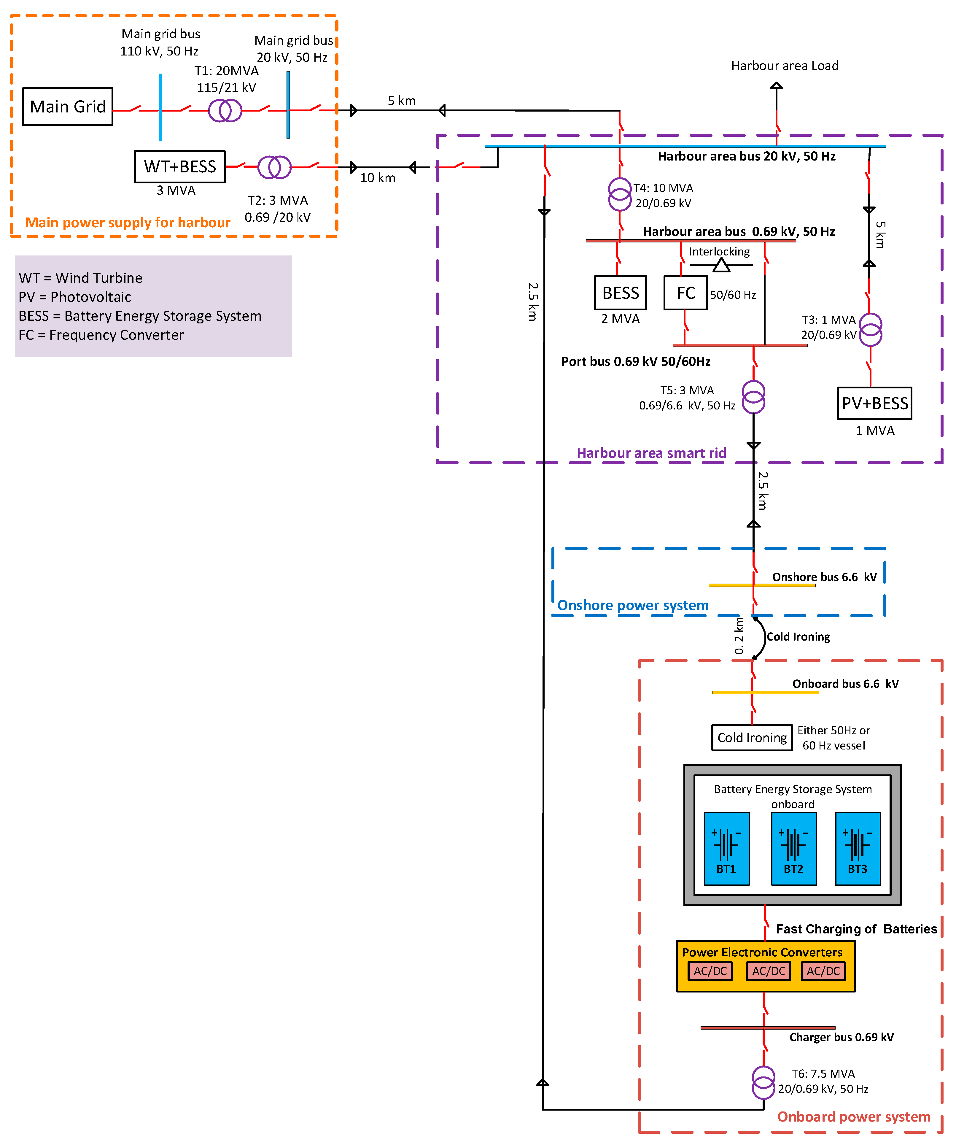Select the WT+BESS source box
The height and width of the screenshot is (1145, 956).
click(180, 166)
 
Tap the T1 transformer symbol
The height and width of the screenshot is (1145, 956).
click(225, 111)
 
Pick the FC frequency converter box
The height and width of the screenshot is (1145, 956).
click(685, 293)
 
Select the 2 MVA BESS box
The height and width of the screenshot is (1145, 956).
click(620, 293)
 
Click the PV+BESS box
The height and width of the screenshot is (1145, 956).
click(874, 404)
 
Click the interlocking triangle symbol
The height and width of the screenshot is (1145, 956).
click(721, 266)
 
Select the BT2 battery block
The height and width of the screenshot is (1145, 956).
click(793, 848)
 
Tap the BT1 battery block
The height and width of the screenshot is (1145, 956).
click(726, 848)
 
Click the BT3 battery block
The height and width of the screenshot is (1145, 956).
click(857, 848)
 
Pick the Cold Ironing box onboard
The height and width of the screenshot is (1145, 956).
click(752, 738)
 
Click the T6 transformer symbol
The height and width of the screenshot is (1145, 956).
click(763, 1082)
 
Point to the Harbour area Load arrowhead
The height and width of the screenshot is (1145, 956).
click(776, 86)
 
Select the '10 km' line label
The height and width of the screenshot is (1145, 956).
click(378, 178)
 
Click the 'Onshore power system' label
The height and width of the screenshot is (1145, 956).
click(633, 605)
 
